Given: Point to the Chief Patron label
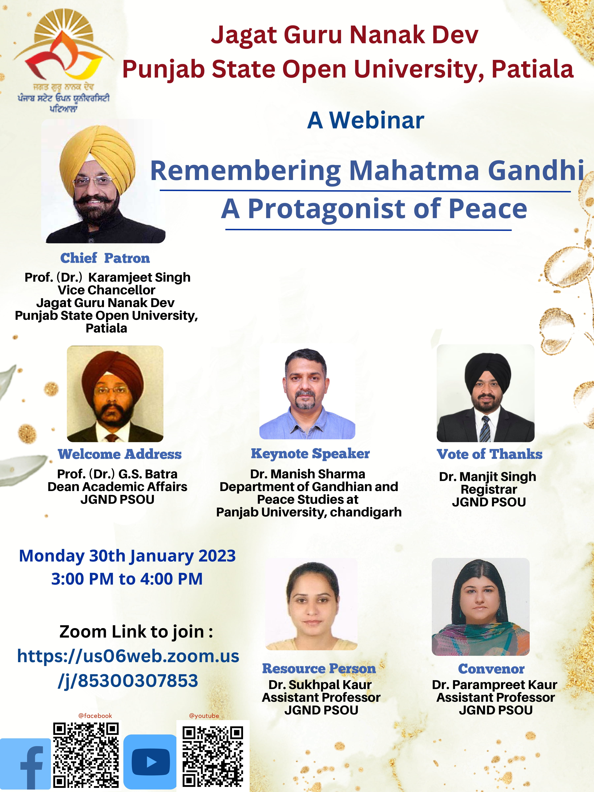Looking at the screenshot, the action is pos(105,258).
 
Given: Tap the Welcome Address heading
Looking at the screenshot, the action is pos(120,454).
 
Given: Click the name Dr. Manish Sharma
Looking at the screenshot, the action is pos(308,474).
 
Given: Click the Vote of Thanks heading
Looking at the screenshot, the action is pos(489,454).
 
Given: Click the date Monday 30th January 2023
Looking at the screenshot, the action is pos(127,556).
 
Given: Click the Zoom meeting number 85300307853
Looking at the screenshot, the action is pos(138,681).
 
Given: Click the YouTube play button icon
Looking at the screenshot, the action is pos(150,762).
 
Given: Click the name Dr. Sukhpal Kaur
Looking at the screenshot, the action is pos(320,685).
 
